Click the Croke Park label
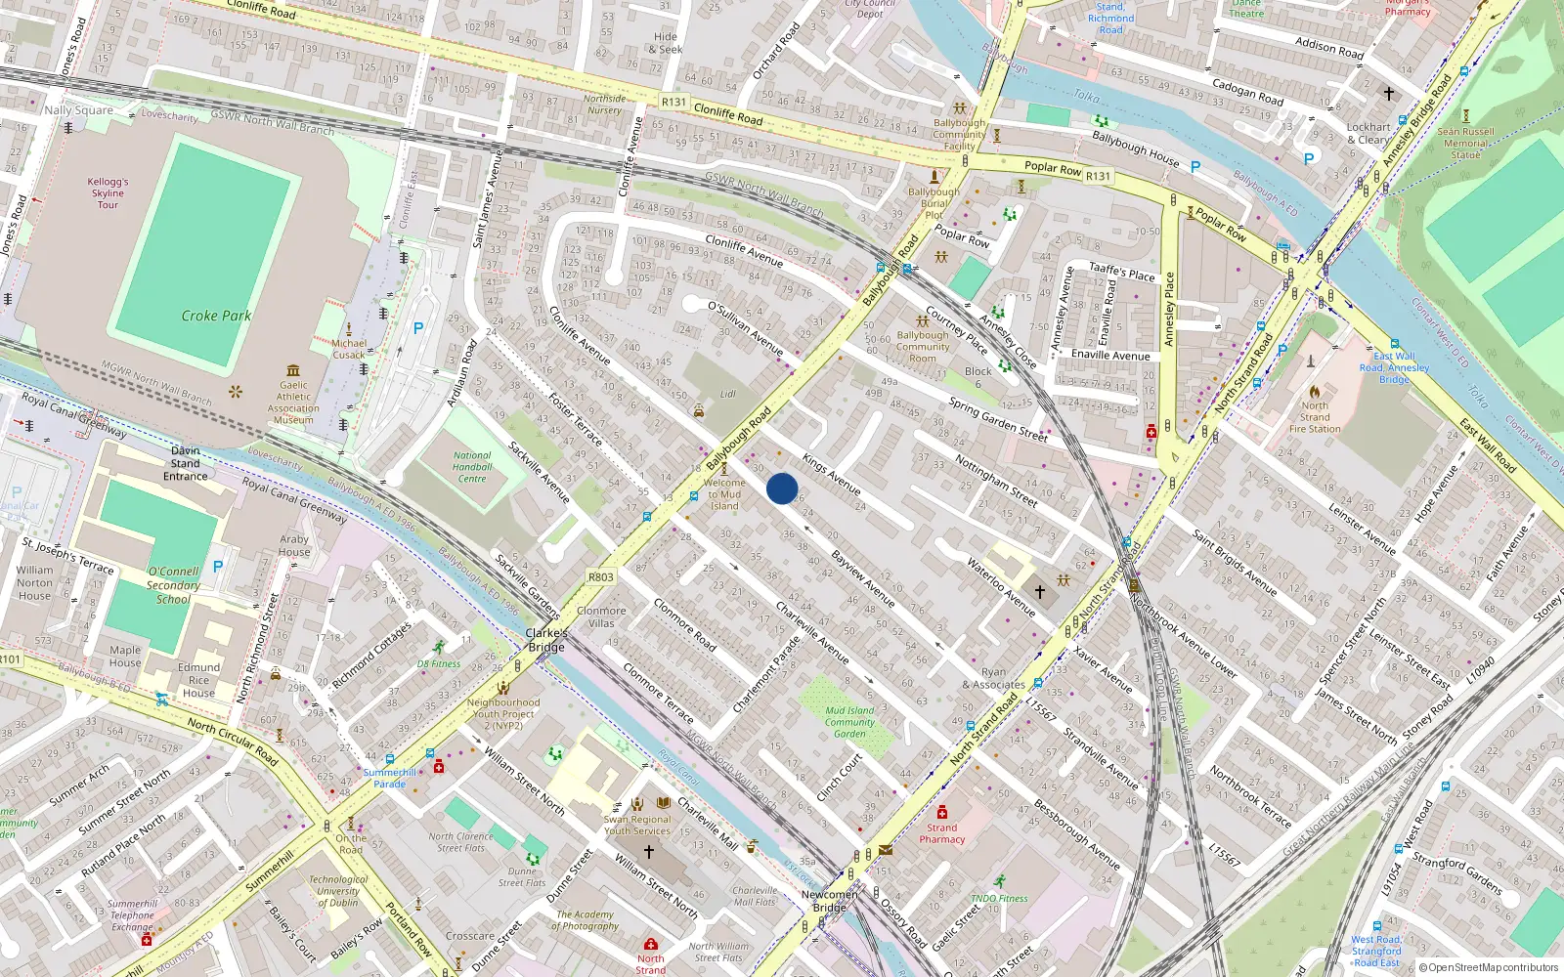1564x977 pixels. [x=216, y=316]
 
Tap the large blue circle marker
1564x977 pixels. [x=782, y=488]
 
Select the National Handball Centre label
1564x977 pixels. [x=472, y=467]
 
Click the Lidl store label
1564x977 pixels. [x=727, y=394]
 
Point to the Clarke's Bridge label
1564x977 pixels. [x=546, y=640]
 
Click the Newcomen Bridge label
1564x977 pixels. [x=829, y=901]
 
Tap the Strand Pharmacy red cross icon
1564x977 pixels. [x=941, y=812]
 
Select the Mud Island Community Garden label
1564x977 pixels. [x=849, y=722]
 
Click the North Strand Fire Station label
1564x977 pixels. [x=1315, y=417]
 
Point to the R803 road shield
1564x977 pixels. [x=600, y=577]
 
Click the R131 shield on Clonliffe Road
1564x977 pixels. [x=673, y=102]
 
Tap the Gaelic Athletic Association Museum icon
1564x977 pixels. [x=293, y=370]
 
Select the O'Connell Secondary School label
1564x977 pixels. [x=173, y=585]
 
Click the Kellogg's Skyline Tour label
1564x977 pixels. [x=108, y=192]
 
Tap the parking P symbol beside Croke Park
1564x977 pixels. [x=418, y=328]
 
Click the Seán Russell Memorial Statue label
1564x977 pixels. [x=1465, y=143]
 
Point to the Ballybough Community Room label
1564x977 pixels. [x=922, y=346]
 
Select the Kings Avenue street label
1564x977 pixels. [x=832, y=473]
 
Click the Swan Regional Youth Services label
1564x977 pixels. [x=637, y=826]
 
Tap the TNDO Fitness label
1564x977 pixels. [x=999, y=898]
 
